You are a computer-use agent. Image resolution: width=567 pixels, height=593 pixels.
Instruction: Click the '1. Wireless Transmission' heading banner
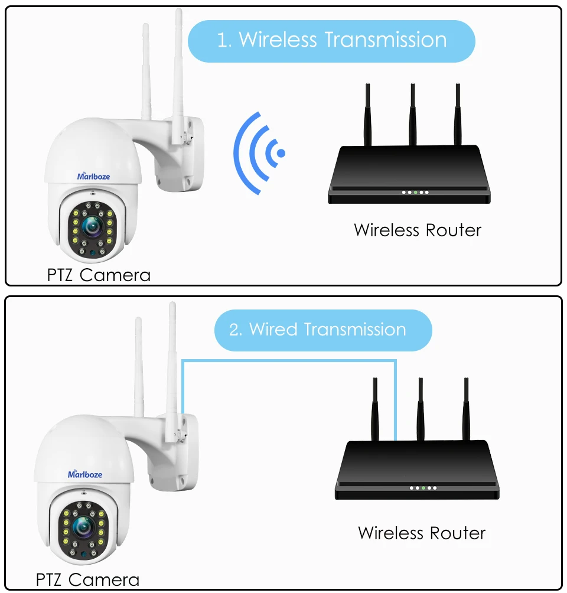coord(331,41)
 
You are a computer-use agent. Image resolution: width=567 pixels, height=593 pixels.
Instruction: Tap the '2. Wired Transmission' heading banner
coord(322,330)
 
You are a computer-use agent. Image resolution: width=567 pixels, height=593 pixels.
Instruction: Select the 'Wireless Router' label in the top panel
coord(418,230)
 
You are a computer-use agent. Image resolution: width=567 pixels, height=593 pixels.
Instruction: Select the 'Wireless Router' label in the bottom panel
coord(422,533)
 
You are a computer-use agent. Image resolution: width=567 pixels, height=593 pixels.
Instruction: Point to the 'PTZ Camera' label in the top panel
coord(99,275)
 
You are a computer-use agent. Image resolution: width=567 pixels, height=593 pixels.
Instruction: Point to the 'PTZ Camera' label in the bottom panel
coord(87,579)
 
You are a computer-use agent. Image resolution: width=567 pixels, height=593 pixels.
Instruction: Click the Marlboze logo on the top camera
coord(93,175)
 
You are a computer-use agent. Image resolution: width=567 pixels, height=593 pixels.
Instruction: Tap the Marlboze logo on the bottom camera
coord(85,474)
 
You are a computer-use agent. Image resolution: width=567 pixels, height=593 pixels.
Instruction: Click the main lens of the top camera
coord(92,224)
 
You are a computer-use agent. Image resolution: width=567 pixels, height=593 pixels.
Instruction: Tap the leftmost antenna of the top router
coord(367,115)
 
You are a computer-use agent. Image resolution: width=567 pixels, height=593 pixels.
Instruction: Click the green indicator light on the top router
coord(416,193)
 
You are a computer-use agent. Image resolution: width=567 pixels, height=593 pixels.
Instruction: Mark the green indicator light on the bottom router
coord(423,488)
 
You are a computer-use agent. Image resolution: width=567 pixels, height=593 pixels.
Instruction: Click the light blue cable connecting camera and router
coord(289,360)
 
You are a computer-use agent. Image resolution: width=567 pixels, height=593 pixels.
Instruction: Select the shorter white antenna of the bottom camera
coord(139,366)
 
